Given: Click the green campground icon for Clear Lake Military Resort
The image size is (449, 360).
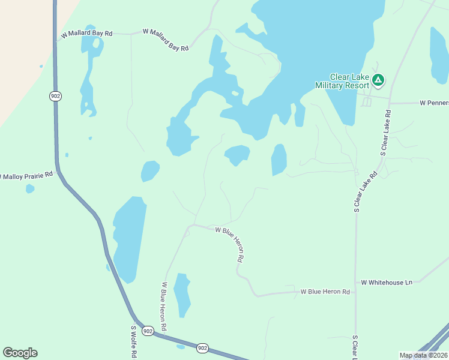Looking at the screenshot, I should pos(378,80).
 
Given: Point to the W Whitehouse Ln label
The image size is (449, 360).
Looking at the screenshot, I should pos(387,282).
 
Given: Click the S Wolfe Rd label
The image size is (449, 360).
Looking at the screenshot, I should pos(134,342).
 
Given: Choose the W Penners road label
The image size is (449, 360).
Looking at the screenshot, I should pos(434,103).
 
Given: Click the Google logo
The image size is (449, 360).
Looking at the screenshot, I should pos(20,353).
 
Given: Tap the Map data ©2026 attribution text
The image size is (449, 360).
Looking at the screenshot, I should pos(424,355).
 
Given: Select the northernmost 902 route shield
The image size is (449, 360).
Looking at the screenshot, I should pos(56,96).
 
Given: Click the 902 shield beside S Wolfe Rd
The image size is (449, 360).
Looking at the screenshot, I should pos(148,331).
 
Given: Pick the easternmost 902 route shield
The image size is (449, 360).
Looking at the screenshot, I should pos(203,348).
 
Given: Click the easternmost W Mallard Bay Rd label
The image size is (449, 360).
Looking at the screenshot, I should pos(166,40).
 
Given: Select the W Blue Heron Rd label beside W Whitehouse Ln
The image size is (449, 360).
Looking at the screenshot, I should pos(325,292).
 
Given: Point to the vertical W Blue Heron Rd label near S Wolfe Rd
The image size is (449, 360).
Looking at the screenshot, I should pos(163,308).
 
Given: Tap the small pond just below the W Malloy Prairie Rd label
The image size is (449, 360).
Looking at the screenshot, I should pos(30,189).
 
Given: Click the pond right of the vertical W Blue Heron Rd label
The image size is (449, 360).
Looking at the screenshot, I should pos(182,295).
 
